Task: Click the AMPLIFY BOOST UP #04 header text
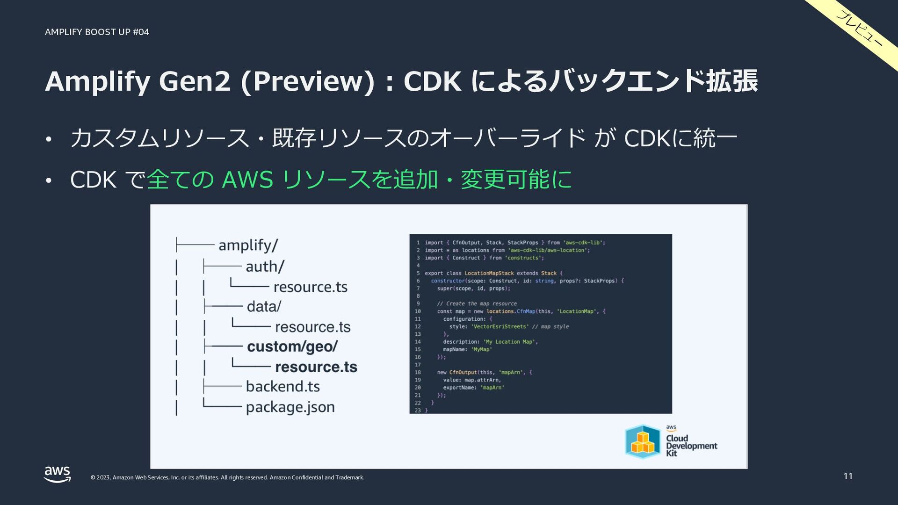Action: (97, 32)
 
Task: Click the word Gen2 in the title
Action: (195, 81)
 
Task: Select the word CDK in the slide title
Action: (432, 81)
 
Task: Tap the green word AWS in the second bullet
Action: (247, 180)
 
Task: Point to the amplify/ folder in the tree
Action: (248, 245)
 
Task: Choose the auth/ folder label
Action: (265, 267)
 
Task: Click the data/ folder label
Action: (264, 307)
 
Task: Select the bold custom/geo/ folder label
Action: (292, 346)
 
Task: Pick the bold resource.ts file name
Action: (316, 367)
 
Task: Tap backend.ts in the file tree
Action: (283, 387)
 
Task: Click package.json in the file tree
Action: (290, 407)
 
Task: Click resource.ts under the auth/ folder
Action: (311, 287)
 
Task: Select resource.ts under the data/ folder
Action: (313, 327)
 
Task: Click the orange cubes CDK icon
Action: (643, 442)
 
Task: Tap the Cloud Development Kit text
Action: (691, 446)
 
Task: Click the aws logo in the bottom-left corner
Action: (57, 474)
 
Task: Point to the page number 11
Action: (848, 476)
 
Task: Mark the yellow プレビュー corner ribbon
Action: (860, 29)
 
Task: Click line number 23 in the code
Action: (417, 411)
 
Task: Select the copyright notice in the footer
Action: (227, 477)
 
